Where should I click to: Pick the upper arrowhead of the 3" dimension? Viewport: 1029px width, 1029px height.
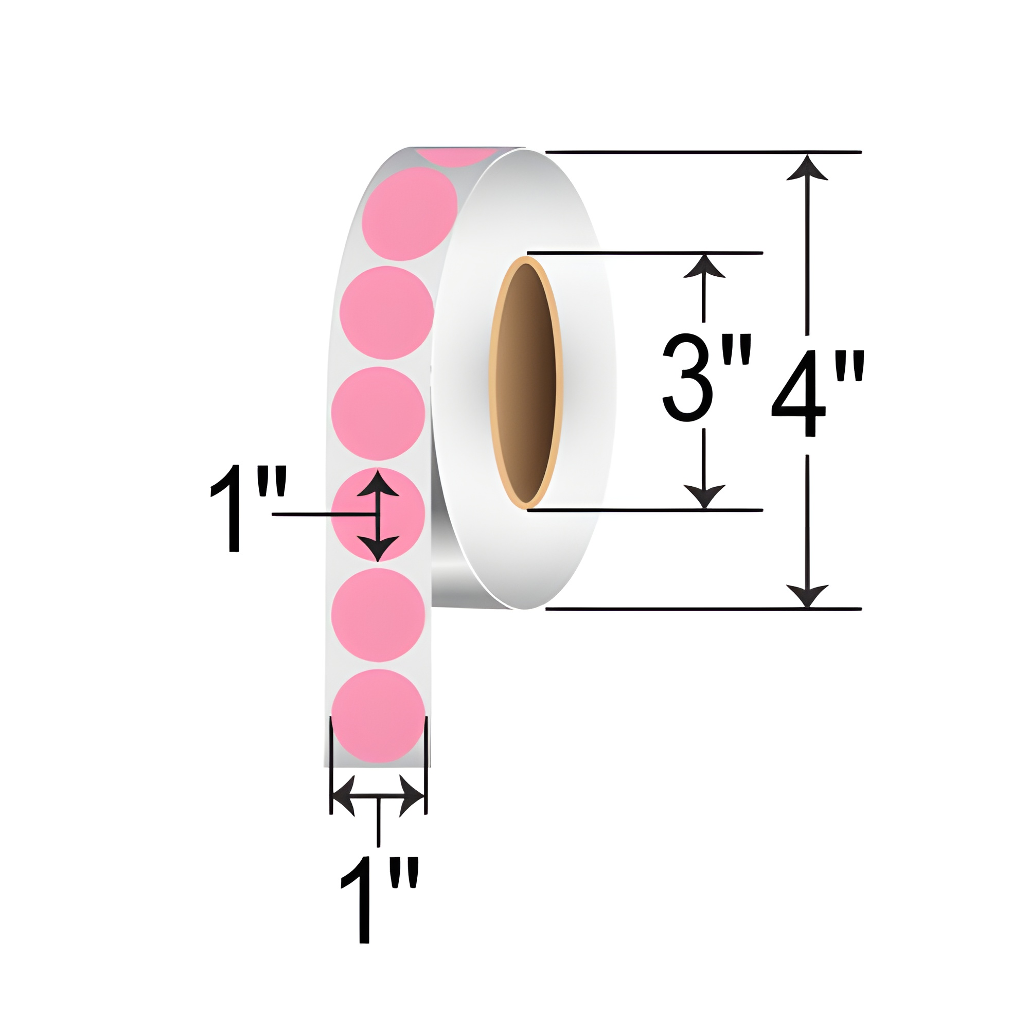(x=704, y=267)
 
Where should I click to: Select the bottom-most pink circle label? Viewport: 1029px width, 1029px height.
(x=378, y=716)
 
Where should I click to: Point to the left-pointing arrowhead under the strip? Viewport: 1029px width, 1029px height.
(x=344, y=796)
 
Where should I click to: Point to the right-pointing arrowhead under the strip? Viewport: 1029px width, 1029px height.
(x=412, y=796)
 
